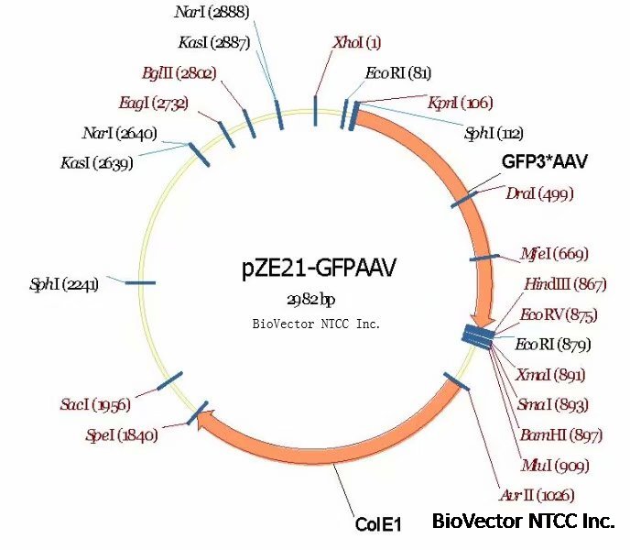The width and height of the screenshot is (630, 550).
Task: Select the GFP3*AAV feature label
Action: (544, 162)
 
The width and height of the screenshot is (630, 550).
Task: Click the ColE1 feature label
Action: (379, 524)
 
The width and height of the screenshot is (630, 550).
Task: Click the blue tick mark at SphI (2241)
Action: (140, 283)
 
